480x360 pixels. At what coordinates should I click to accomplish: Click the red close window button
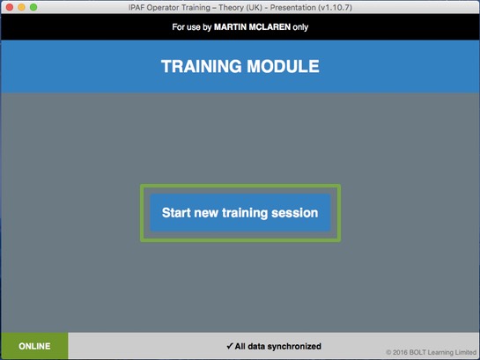(10, 7)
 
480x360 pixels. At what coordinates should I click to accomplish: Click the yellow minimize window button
(21, 7)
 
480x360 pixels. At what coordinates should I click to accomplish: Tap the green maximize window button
(33, 7)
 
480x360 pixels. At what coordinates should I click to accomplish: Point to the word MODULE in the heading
(284, 66)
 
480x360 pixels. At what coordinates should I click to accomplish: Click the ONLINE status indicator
(34, 346)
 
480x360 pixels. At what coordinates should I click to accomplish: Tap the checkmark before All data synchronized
(230, 346)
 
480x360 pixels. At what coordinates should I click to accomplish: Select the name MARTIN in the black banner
(230, 27)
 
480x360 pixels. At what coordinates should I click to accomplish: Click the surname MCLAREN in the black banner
(270, 27)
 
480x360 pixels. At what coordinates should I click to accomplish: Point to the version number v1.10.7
(336, 7)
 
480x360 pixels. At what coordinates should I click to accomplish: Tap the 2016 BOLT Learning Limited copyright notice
(431, 352)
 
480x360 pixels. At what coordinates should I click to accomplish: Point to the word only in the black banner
(300, 27)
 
